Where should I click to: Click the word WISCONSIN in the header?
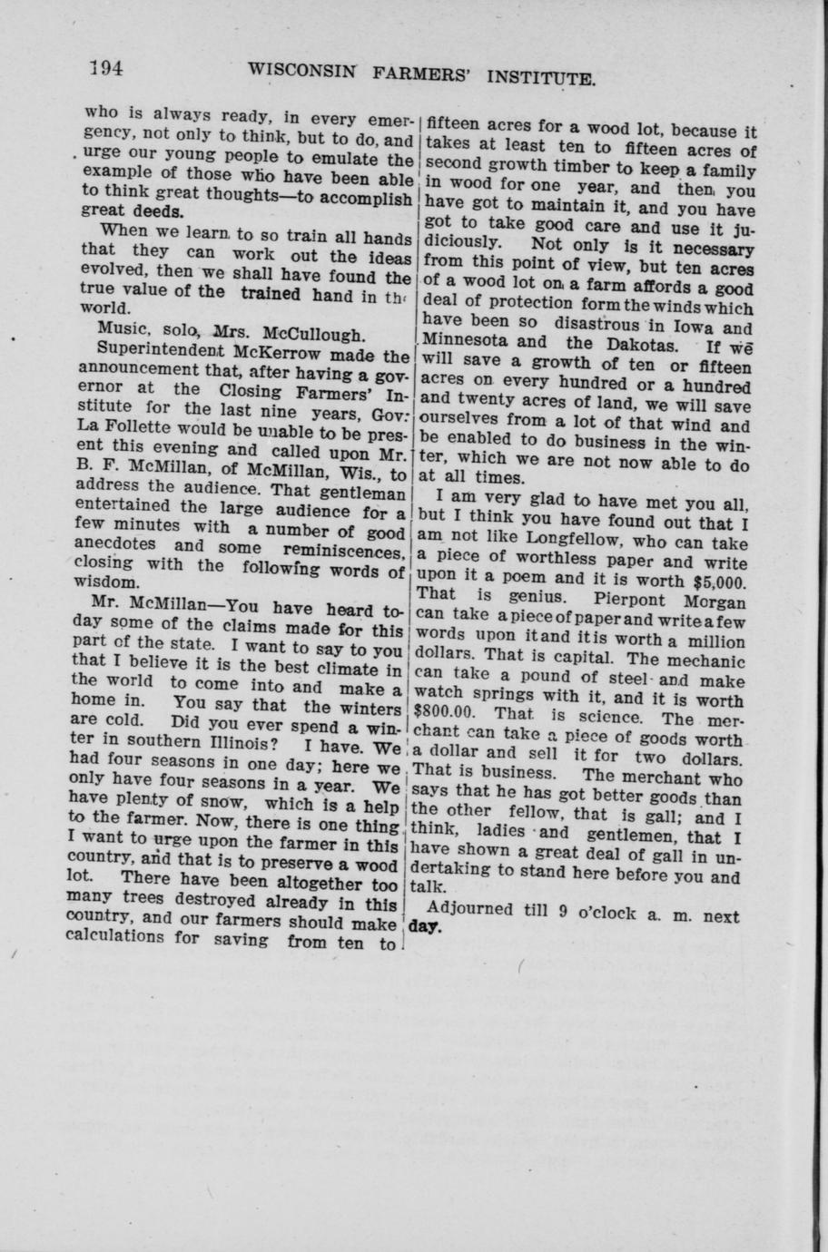click(300, 72)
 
